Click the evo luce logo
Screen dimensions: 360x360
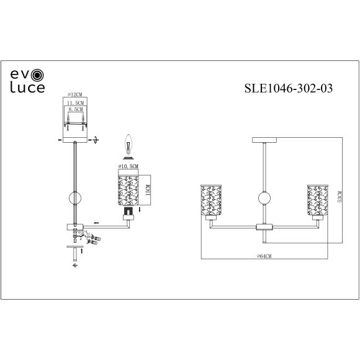(27, 81)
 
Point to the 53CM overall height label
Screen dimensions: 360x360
(340, 197)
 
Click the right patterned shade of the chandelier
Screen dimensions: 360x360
(316, 200)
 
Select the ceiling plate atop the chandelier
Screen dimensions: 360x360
(264, 139)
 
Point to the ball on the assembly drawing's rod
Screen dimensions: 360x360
(75, 200)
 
